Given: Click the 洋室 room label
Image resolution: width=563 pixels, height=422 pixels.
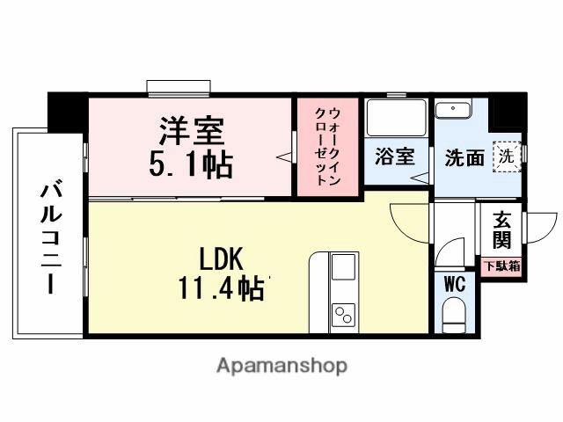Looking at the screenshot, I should pyautogui.click(x=191, y=131).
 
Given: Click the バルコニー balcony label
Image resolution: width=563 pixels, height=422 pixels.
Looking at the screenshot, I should pyautogui.click(x=49, y=237).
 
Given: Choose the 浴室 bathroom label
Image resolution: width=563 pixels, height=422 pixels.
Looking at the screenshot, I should pyautogui.click(x=395, y=157).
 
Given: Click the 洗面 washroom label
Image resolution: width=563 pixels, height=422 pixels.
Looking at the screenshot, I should pyautogui.click(x=463, y=158).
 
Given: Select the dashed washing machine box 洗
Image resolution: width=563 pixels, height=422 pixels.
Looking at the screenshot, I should pyautogui.click(x=506, y=156).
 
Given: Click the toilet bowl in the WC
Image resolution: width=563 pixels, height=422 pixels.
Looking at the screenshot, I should pyautogui.click(x=455, y=316).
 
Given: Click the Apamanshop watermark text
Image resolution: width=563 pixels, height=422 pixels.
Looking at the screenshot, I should pyautogui.click(x=281, y=365).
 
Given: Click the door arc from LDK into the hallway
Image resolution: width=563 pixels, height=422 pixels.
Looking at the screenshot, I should pyautogui.click(x=410, y=220).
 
